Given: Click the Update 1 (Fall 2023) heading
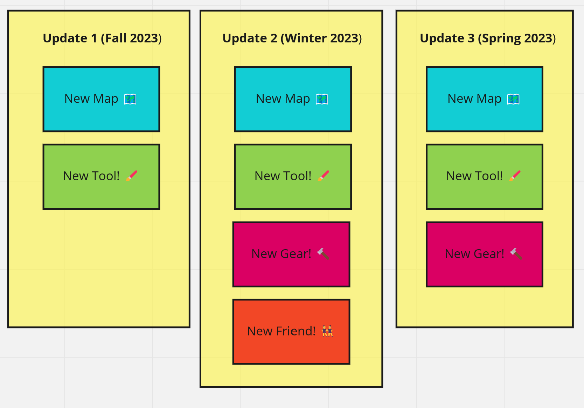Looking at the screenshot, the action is pyautogui.click(x=102, y=38).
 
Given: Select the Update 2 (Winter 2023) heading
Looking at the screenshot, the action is pyautogui.click(x=292, y=38).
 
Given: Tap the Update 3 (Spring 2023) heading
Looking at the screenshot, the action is pyautogui.click(x=488, y=39).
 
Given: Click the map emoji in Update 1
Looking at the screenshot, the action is pyautogui.click(x=130, y=99).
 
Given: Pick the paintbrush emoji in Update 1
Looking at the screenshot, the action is pyautogui.click(x=132, y=176).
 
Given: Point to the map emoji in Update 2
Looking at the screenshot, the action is pyautogui.click(x=322, y=99).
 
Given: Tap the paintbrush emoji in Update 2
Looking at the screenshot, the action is pyautogui.click(x=324, y=176).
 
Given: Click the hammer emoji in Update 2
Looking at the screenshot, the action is pyautogui.click(x=323, y=253).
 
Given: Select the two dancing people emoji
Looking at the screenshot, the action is pyautogui.click(x=327, y=331).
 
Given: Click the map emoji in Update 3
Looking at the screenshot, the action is pyautogui.click(x=513, y=99).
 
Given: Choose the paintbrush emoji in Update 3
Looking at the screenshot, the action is pyautogui.click(x=515, y=176).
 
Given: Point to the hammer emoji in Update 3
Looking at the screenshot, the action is pyautogui.click(x=516, y=253).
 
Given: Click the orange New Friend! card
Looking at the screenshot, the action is pyautogui.click(x=291, y=332).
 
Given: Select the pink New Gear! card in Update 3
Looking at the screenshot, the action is pyautogui.click(x=485, y=254).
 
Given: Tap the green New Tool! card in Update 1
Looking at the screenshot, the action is pyautogui.click(x=102, y=177).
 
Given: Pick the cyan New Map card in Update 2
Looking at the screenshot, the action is pyautogui.click(x=293, y=99).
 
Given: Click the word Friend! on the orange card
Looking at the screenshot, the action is pyautogui.click(x=296, y=331).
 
